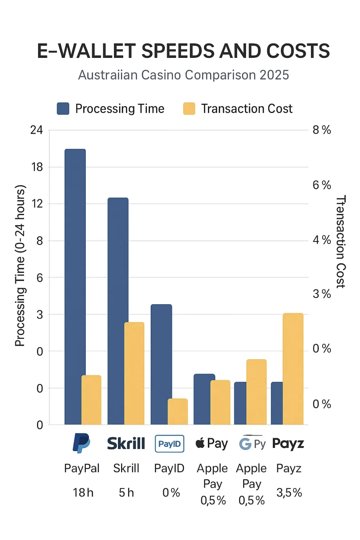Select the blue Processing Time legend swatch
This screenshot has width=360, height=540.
tap(63, 109)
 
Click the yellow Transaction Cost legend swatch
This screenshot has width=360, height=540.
tap(189, 109)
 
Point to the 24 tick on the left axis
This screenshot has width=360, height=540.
tap(36, 130)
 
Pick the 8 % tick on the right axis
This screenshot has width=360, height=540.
tap(321, 130)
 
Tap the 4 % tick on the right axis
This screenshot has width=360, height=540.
tap(321, 240)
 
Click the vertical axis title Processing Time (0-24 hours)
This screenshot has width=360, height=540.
tap(20, 266)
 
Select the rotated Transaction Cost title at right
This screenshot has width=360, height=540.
tap(341, 241)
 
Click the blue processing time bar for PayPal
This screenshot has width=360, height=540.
tap(75, 286)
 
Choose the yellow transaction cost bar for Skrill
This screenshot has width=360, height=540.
tap(134, 373)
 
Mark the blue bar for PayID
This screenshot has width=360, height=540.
tap(161, 364)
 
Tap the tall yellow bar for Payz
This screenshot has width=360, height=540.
tap(293, 369)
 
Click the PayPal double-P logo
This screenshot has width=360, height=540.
tap(81, 443)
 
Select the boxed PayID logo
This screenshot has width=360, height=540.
tap(170, 444)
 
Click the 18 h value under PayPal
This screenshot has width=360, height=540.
tap(83, 492)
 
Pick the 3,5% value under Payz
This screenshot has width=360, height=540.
tap(289, 492)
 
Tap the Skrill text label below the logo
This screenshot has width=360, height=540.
tap(126, 468)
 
